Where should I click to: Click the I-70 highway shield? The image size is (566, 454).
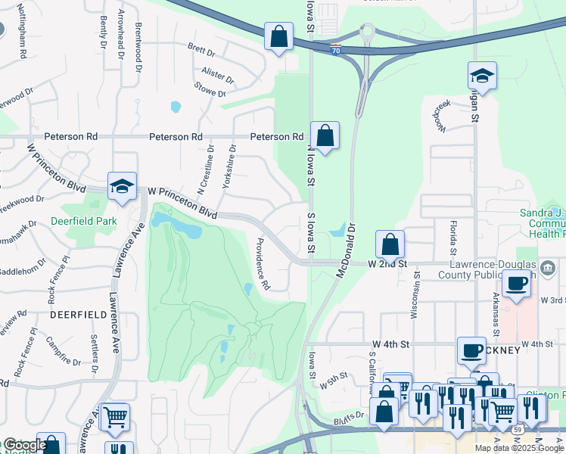pos(335,49)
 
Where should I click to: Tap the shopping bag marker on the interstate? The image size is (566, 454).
pos(278,36)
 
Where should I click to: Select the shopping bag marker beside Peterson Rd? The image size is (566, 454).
pos(325,136)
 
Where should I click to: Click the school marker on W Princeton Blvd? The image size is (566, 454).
pos(121,186)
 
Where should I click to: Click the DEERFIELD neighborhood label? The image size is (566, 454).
pos(70,313)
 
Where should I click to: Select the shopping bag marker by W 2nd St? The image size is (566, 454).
pos(390,245)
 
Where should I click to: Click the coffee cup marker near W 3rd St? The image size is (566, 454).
pos(517,285)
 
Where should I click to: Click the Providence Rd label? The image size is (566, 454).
pos(263,264)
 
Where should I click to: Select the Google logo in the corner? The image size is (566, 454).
pos(24,445)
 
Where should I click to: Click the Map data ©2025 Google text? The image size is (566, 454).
pos(519,448)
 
